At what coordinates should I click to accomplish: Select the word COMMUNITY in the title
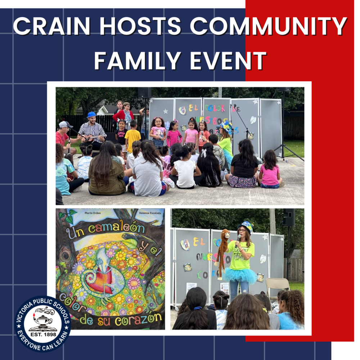pos(268,26)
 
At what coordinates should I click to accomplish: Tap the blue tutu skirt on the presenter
pos(239,276)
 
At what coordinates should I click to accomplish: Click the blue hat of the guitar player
pos(91,115)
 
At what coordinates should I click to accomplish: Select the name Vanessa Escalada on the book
pos(148,213)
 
